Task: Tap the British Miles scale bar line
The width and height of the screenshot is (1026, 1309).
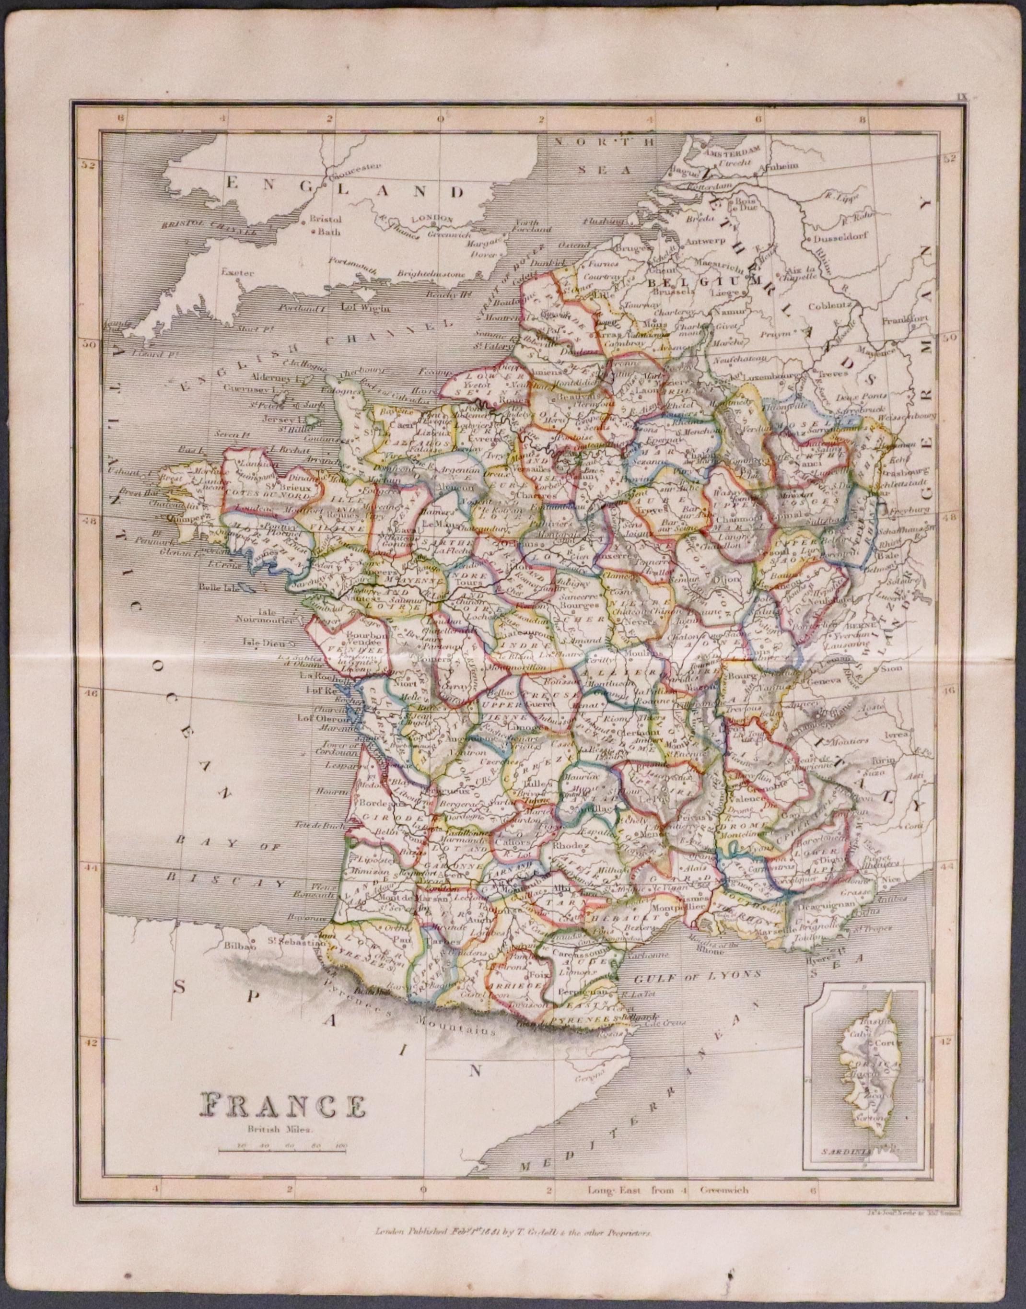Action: (283, 1150)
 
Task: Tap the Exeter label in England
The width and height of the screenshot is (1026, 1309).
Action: (237, 271)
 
